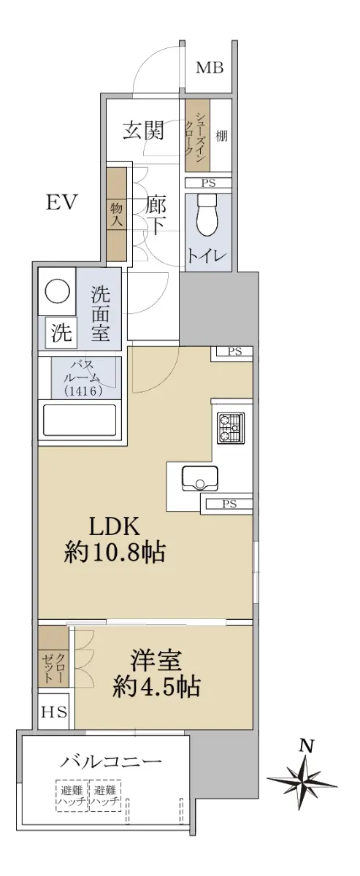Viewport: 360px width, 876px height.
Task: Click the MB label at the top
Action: [210, 68]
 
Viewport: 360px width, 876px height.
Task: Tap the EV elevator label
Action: [62, 203]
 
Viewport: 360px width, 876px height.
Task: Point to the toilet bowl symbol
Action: [207, 215]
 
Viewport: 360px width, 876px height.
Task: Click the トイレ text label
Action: [208, 255]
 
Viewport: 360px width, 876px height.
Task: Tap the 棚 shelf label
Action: [221, 136]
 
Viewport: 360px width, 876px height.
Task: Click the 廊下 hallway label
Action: [156, 215]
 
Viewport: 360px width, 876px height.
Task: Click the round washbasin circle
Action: [57, 291]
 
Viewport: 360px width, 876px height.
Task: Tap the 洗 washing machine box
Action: [61, 332]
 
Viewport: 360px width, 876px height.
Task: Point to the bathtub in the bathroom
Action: [80, 421]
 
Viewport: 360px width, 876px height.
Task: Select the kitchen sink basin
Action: [199, 477]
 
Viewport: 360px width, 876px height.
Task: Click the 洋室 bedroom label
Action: [156, 659]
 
